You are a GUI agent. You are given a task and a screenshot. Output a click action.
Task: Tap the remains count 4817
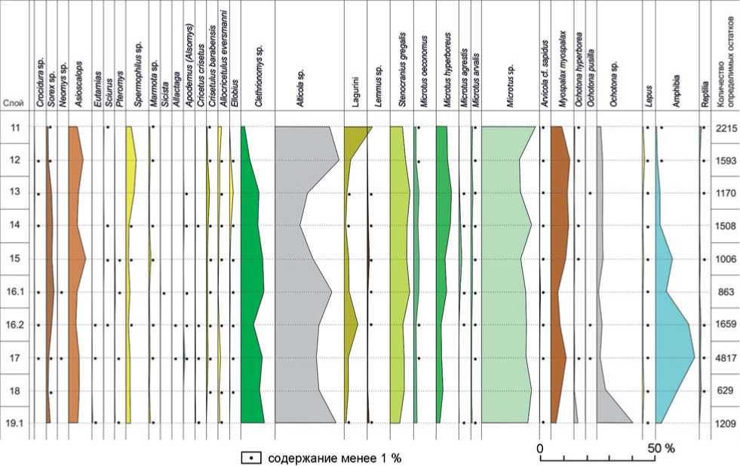[x=725, y=358]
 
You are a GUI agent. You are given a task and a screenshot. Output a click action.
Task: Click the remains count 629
[x=725, y=391]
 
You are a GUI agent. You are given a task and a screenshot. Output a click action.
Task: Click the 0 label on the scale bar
[x=540, y=447]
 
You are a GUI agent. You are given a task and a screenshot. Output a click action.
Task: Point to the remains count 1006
[x=725, y=259]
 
